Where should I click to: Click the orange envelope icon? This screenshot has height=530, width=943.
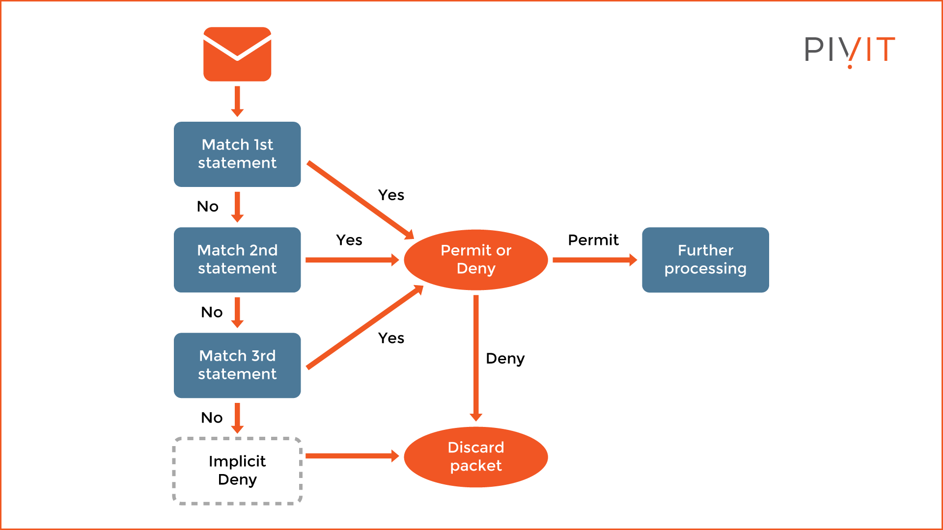click(x=237, y=54)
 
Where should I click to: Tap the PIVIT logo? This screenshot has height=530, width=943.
click(x=850, y=51)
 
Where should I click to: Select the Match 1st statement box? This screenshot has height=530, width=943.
click(x=237, y=154)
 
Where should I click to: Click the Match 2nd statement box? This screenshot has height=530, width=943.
click(x=237, y=260)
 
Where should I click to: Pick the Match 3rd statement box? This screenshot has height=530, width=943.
click(x=237, y=365)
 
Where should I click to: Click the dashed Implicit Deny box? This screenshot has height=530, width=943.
click(x=237, y=471)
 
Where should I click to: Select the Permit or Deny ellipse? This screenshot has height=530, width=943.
click(x=475, y=260)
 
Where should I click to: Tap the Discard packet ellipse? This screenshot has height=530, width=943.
click(x=475, y=457)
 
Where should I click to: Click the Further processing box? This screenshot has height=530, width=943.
click(x=705, y=260)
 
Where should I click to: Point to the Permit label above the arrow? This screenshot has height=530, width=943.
click(x=593, y=240)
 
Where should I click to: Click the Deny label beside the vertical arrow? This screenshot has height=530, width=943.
click(x=505, y=359)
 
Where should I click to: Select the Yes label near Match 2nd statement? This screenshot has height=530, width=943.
click(x=349, y=240)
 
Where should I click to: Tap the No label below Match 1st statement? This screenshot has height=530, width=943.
click(x=207, y=207)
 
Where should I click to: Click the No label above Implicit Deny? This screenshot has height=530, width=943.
click(x=212, y=418)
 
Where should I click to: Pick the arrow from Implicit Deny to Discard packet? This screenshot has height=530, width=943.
click(x=351, y=456)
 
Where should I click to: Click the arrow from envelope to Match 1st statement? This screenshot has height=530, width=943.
click(x=237, y=101)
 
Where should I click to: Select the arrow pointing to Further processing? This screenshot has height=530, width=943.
click(x=594, y=260)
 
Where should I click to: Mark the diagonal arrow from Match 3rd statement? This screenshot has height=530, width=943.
click(x=364, y=327)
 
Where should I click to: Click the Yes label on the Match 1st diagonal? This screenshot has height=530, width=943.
click(x=391, y=195)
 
